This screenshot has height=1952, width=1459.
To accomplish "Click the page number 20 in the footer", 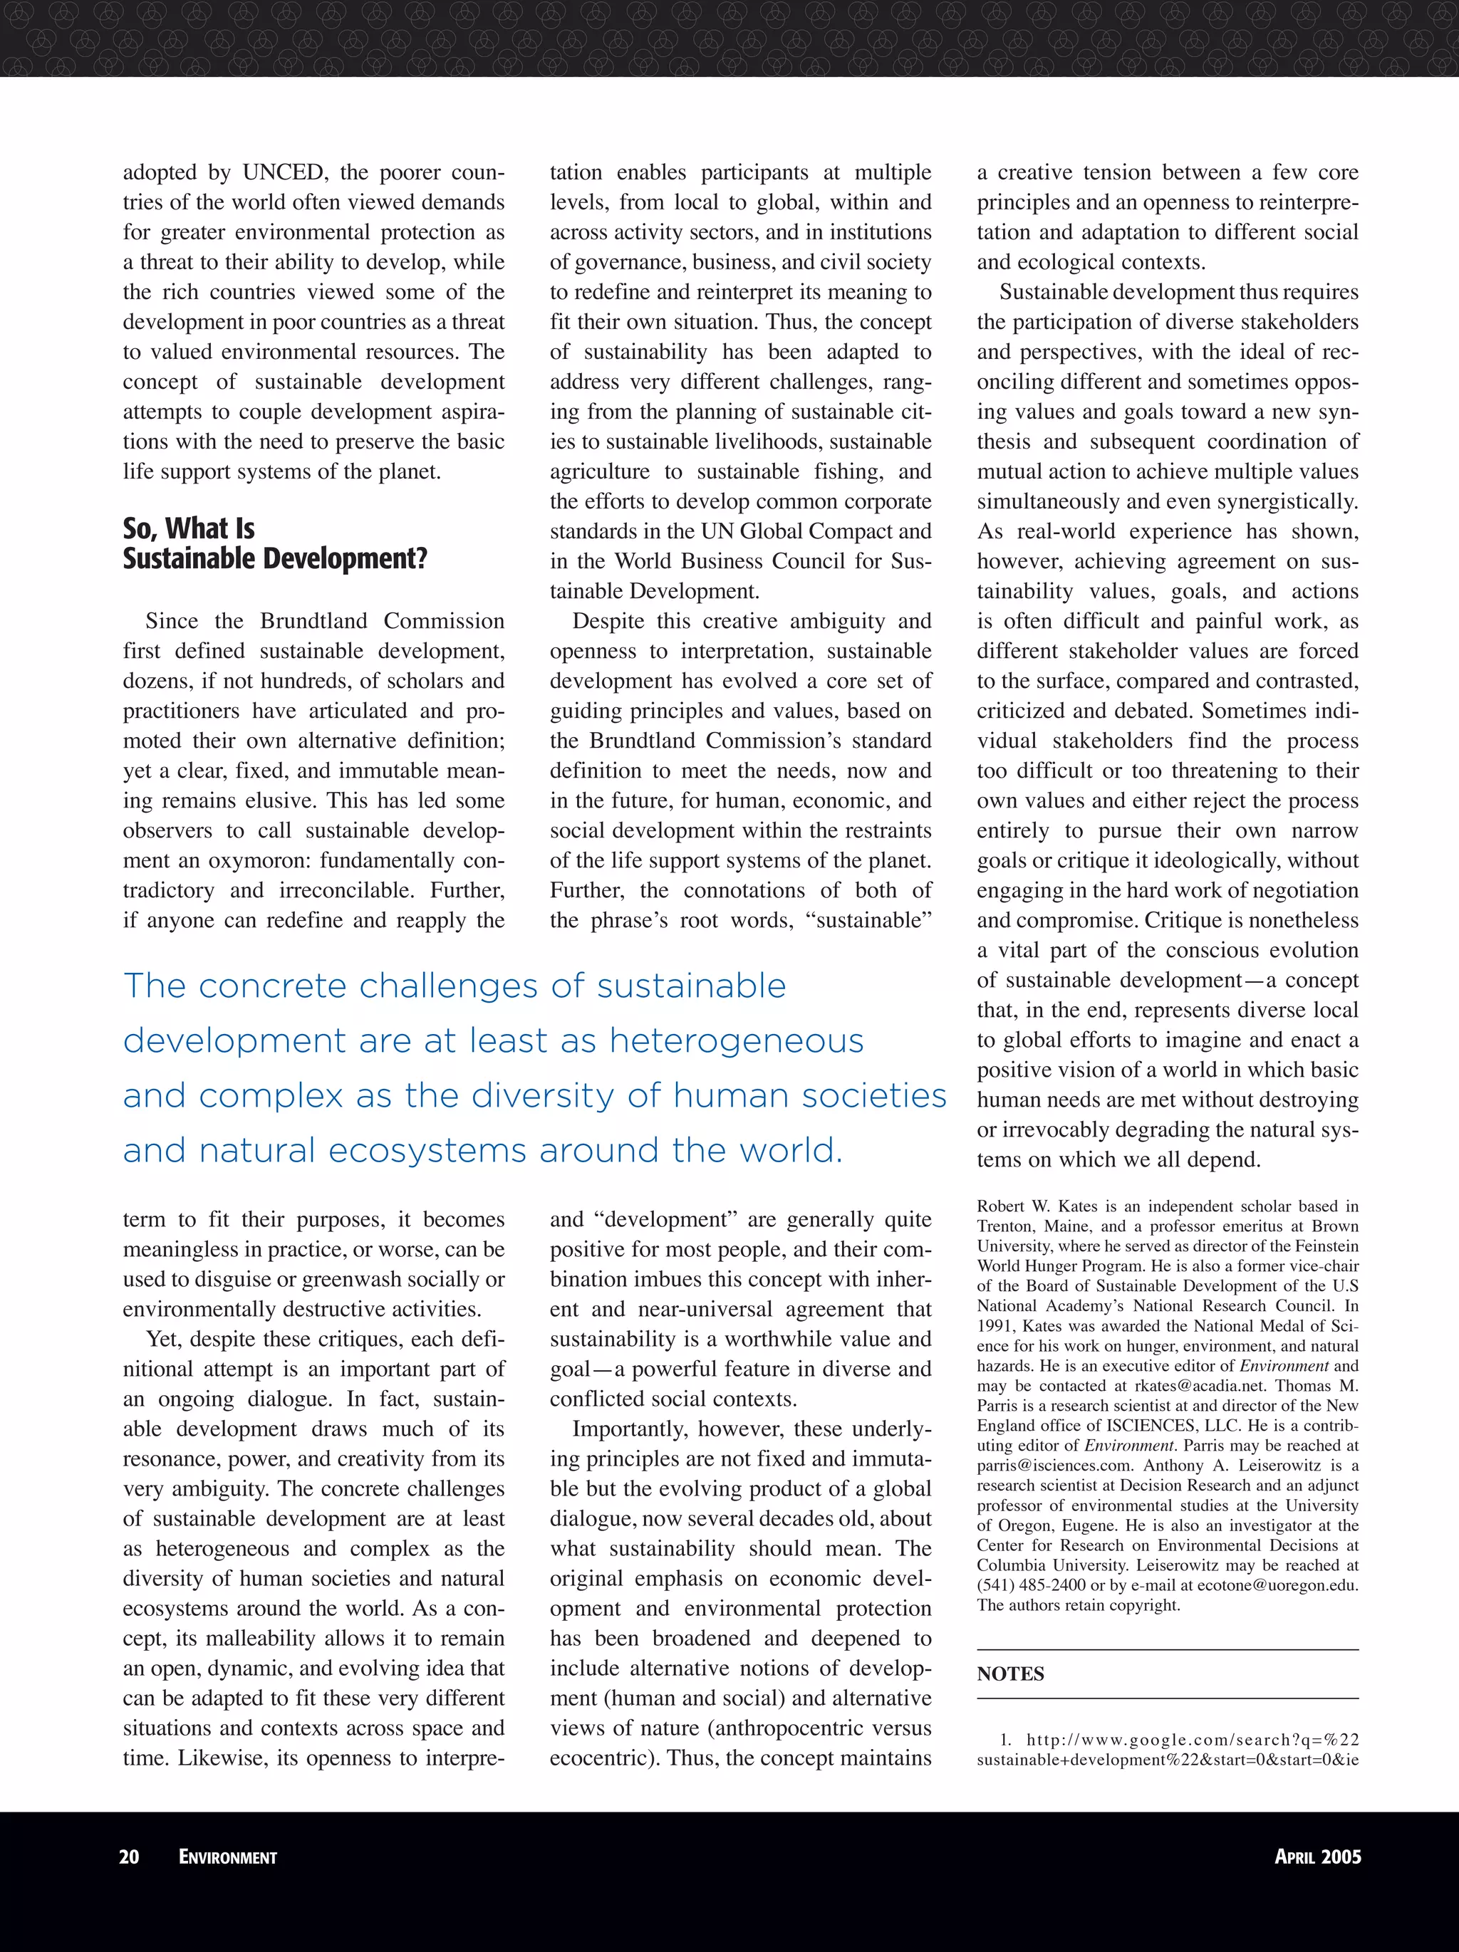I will (129, 1857).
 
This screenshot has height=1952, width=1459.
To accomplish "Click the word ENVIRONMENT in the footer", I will (228, 1857).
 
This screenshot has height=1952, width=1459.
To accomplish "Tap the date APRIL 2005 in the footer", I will (1317, 1857).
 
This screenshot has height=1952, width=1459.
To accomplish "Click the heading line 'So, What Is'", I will (189, 528).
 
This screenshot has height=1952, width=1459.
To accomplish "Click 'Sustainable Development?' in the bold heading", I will (274, 558).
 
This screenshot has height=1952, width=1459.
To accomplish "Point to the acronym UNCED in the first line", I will (282, 172).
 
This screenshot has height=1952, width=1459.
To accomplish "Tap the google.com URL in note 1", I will (1192, 1740).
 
